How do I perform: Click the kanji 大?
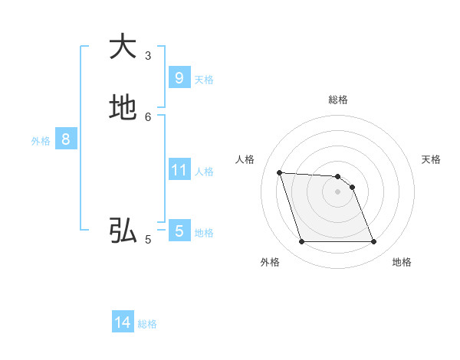122,46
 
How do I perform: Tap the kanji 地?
122,107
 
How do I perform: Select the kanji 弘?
122,230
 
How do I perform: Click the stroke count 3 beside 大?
148,55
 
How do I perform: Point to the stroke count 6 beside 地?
148,116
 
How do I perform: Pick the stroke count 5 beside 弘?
148,239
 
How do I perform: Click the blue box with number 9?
179,78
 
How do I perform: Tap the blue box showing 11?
179,170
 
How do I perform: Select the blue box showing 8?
66,139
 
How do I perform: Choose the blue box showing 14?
123,323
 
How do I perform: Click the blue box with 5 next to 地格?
179,231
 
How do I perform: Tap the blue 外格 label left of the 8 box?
41,140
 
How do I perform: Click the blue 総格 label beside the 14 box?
147,324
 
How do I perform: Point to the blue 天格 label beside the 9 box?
204,79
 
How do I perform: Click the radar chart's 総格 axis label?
338,100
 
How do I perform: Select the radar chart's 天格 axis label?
431,159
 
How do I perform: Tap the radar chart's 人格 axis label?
245,159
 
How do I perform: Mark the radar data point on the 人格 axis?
279,172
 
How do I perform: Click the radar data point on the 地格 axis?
374,242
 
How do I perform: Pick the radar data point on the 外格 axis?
301,242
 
